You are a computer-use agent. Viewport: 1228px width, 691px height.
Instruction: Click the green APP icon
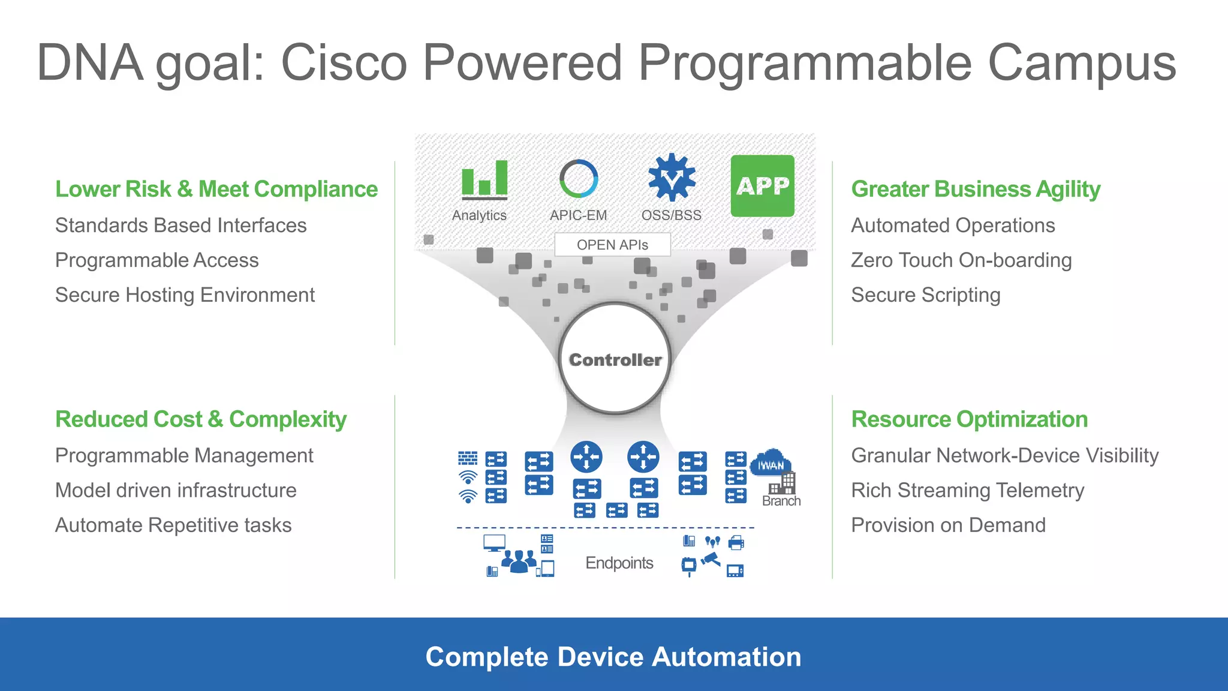762,186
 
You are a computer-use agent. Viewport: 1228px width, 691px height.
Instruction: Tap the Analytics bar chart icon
484,179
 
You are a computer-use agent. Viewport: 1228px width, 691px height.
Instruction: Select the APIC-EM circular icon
579,179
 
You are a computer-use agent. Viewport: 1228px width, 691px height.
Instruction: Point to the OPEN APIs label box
612,245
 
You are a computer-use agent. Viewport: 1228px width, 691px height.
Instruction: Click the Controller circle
615,359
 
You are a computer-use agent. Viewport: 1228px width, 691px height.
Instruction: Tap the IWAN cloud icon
771,464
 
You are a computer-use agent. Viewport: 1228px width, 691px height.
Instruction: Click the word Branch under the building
781,501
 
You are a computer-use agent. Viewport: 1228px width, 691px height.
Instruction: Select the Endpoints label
619,563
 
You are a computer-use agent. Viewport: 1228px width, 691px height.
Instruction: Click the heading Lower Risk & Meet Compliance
216,189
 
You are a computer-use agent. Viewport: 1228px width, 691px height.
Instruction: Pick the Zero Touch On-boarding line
961,260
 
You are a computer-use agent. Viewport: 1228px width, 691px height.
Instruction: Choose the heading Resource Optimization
969,419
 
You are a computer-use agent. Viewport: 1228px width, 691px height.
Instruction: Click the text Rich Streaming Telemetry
967,491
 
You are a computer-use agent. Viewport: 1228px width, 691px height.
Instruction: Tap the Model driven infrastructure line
176,491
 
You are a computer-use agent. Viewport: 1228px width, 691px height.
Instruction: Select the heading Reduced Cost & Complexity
201,419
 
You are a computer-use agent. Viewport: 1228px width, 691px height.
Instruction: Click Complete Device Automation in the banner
613,657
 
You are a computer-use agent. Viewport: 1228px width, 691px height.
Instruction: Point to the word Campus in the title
1081,63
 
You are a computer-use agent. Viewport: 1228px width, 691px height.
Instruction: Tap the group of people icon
519,561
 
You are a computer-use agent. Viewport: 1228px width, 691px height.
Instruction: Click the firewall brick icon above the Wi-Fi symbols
468,458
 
